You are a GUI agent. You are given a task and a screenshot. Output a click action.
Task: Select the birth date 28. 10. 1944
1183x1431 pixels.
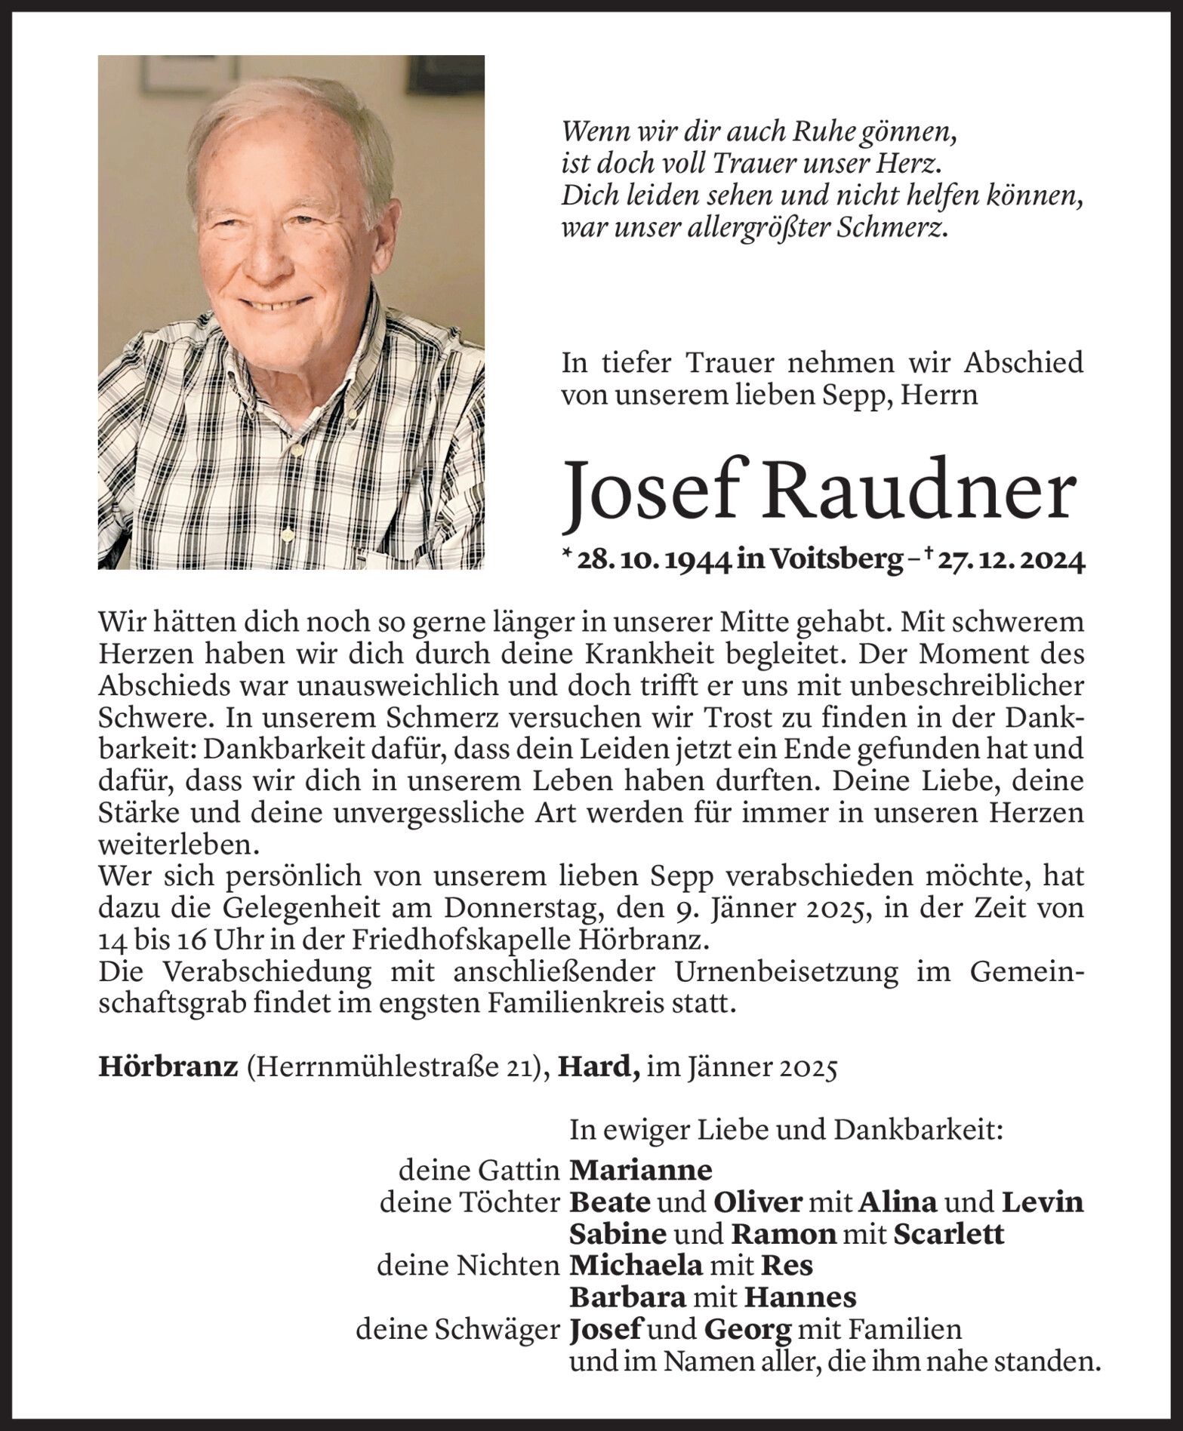click(x=654, y=561)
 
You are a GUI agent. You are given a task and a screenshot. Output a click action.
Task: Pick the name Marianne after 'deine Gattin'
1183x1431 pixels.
click(x=640, y=1170)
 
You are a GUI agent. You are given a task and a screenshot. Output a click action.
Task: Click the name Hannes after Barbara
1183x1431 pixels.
click(x=800, y=1297)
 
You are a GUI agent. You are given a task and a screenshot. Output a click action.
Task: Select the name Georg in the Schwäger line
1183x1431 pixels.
click(x=747, y=1329)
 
